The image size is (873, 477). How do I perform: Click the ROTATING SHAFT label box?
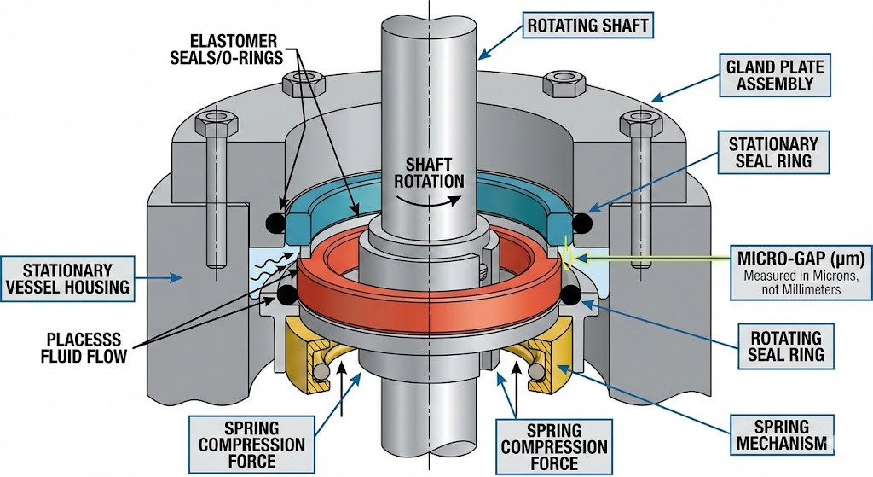click(588, 26)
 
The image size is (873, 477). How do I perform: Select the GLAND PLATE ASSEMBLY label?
click(769, 75)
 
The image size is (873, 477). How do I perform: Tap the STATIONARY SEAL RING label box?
click(773, 154)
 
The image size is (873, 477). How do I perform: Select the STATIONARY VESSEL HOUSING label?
click(66, 276)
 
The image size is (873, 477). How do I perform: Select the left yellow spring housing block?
click(303, 358)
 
